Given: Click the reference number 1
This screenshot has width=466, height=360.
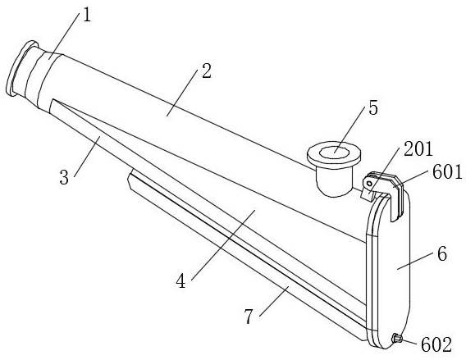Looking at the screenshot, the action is click(x=87, y=16).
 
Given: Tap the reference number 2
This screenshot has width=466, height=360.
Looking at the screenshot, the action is click(x=206, y=71).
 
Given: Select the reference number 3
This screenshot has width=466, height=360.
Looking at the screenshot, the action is click(x=64, y=178).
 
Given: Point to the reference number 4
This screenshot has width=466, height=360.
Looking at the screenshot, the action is click(x=180, y=281).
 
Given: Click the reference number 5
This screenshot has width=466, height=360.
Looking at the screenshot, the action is click(x=373, y=107).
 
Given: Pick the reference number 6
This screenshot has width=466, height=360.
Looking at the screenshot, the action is click(x=442, y=254).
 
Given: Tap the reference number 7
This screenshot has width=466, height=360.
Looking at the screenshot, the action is click(x=249, y=316).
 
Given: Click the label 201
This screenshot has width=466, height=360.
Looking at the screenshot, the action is click(x=418, y=149).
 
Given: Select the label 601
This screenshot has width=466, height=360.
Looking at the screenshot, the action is click(x=447, y=172).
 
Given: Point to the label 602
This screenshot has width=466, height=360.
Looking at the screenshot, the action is click(x=436, y=345).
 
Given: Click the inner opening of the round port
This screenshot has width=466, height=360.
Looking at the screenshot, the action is click(x=335, y=153).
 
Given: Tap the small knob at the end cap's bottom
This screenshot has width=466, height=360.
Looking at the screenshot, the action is click(x=397, y=338).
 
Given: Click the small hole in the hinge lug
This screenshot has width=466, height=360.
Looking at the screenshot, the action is click(x=369, y=184).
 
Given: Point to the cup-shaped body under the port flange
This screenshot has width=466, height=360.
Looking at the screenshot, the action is click(x=335, y=181).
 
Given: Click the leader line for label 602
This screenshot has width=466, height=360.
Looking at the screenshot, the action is click(x=411, y=341).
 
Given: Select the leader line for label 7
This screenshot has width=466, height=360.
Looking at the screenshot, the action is click(x=274, y=301).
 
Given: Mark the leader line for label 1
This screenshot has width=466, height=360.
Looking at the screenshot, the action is click(x=65, y=36).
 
